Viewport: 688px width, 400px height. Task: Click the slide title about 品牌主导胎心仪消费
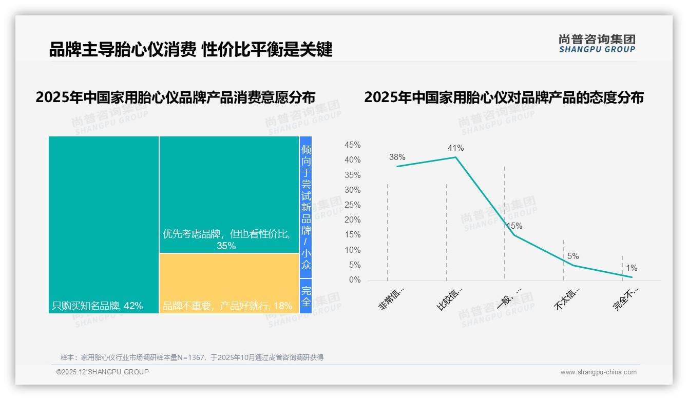click(x=190, y=49)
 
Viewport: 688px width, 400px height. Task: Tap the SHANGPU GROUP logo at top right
click(x=597, y=44)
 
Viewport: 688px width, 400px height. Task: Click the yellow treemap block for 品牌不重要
click(x=229, y=283)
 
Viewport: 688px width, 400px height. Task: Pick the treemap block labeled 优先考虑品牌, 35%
click(x=229, y=195)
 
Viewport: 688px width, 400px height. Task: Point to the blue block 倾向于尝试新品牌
click(x=306, y=207)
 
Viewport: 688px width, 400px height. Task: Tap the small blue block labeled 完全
click(x=306, y=296)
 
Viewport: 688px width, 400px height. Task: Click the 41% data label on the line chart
click(x=455, y=148)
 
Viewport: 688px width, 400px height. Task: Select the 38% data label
click(x=397, y=157)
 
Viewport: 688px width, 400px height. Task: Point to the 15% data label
click(x=514, y=226)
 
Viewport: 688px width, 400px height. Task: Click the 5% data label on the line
click(x=573, y=256)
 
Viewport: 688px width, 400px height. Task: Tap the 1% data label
click(x=632, y=268)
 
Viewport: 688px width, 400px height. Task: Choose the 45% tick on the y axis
click(x=352, y=145)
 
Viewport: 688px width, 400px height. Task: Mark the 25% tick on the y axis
click(x=352, y=205)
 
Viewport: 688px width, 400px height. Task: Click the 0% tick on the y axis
click(x=355, y=280)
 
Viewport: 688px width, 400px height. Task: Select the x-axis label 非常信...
click(x=392, y=299)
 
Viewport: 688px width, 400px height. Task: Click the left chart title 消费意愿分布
click(x=175, y=97)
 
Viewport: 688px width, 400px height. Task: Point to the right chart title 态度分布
click(x=504, y=97)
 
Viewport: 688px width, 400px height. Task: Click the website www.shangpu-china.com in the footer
click(x=598, y=372)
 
